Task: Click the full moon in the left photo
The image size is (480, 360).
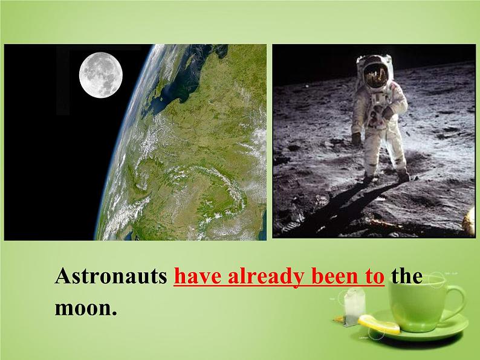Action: (101, 74)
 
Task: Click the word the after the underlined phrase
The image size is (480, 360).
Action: (406, 277)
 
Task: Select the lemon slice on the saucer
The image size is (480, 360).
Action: (380, 326)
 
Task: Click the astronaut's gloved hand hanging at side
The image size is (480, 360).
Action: (356, 138)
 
